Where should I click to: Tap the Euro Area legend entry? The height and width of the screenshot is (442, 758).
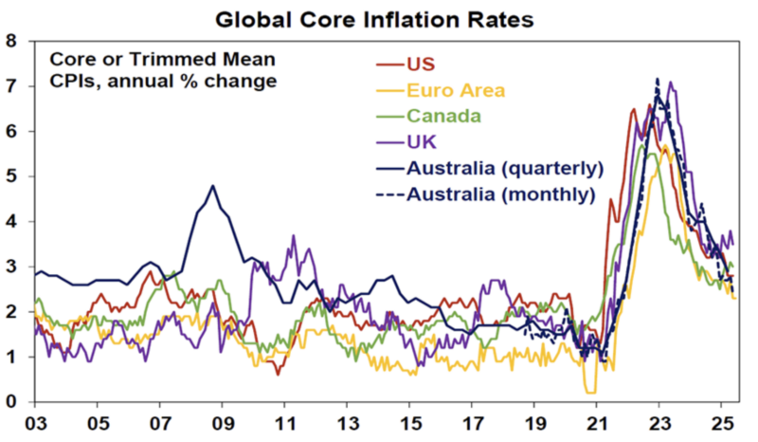pos(456,91)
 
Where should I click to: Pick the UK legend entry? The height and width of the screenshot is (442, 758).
pos(422,143)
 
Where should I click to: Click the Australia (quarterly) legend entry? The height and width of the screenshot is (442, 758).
pos(504,169)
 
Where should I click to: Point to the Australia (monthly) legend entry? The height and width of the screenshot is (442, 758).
pos(501,195)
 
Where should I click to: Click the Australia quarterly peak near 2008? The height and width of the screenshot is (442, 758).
pos(213,186)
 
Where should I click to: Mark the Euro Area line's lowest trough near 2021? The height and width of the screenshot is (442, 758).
pos(591,391)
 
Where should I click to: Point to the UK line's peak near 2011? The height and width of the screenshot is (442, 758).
pos(294,236)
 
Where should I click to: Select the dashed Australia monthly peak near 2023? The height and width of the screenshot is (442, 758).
pos(657,80)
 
